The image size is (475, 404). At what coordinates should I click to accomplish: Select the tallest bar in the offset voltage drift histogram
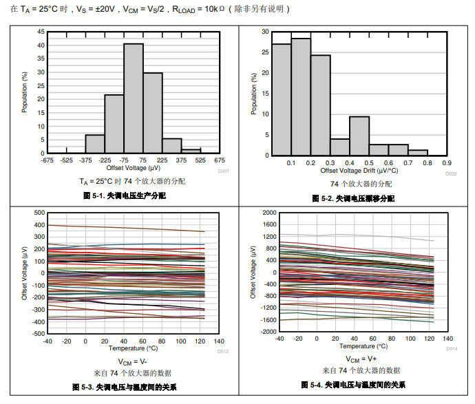(301, 96)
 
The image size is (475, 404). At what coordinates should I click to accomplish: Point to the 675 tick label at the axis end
(220, 160)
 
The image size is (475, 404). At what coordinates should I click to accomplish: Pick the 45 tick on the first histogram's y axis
(41, 32)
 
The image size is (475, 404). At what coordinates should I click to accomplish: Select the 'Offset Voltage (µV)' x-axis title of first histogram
(134, 168)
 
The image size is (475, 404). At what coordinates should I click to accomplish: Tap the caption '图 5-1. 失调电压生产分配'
(124, 197)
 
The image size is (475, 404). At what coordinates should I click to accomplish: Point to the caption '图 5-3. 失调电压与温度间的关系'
(124, 387)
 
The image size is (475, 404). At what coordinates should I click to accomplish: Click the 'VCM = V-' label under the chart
(131, 361)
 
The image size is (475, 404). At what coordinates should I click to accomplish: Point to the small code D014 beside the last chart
(452, 349)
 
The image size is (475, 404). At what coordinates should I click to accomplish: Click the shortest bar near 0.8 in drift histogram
(418, 153)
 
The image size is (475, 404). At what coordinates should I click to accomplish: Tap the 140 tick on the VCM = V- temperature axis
(219, 341)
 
